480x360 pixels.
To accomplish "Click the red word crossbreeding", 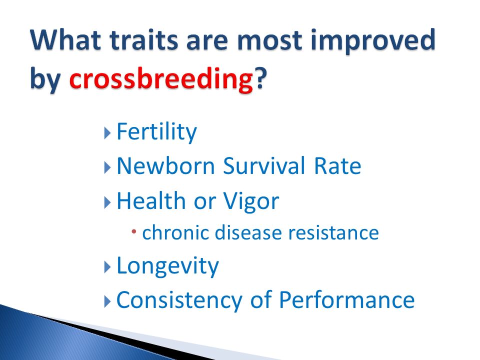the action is pos(161,78).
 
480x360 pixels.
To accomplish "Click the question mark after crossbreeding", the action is pos(260,78).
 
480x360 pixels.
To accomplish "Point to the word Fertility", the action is pos(156,132).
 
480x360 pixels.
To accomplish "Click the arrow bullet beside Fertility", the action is pos(107,133).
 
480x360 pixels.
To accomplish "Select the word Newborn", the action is pos(165,166).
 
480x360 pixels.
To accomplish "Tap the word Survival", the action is pos(264,165).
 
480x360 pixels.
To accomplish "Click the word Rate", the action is pos(337,166).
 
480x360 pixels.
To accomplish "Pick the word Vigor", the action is pos(251,202).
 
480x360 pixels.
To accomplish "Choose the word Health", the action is pos(151,200).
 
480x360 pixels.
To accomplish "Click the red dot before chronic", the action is pos(134,231).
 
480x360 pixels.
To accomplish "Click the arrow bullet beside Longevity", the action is pos(107,267).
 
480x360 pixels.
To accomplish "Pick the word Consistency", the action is pos(179,300).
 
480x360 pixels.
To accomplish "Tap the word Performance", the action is pos(347,299).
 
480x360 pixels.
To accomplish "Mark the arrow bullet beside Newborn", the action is pos(107,168).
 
